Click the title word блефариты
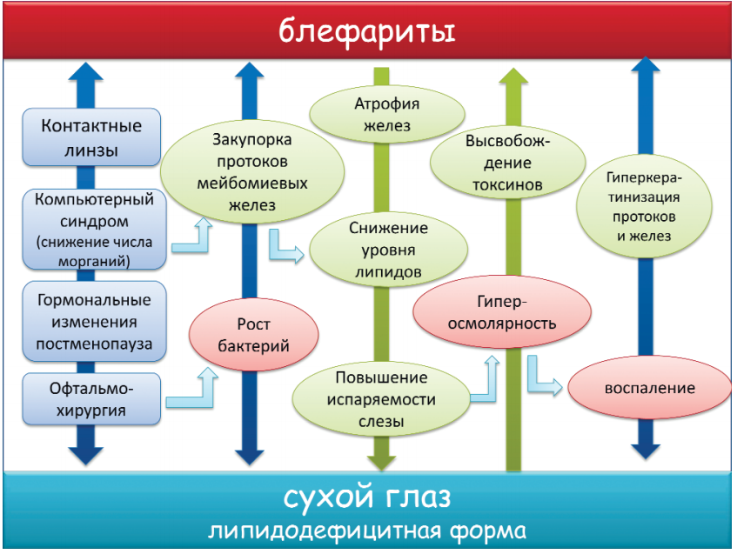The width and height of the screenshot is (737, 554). point(367,32)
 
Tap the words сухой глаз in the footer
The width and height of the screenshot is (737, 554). point(367,498)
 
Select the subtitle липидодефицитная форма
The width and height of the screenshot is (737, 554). point(367,531)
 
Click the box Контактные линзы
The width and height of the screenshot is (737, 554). point(91,137)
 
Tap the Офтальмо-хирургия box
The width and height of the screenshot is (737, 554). point(92,398)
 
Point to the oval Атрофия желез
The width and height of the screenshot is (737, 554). point(387,116)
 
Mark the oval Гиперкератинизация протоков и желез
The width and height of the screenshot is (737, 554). point(645,205)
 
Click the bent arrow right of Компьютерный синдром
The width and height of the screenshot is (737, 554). point(193,237)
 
